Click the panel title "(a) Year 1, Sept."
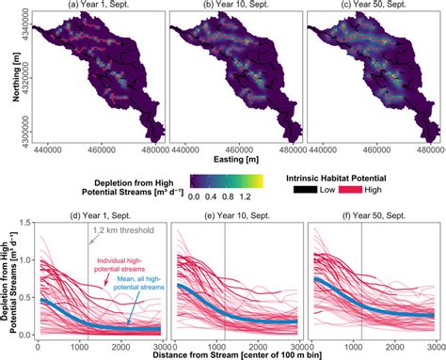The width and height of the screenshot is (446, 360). pyautogui.click(x=98, y=6)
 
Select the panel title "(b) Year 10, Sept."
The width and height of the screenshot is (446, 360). pyautogui.click(x=235, y=6)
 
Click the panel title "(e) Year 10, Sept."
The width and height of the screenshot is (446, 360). pyautogui.click(x=235, y=215)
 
